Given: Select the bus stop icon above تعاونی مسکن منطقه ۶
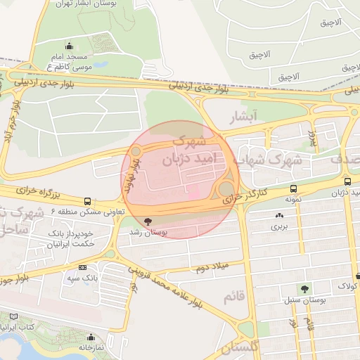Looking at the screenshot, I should (87, 201).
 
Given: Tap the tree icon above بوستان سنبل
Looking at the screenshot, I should (304, 288).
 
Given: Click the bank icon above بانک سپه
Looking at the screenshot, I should (83, 267).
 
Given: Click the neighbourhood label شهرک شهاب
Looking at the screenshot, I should (270, 161).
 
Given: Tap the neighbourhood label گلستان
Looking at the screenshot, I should (239, 346).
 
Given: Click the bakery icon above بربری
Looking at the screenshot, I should (281, 216).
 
